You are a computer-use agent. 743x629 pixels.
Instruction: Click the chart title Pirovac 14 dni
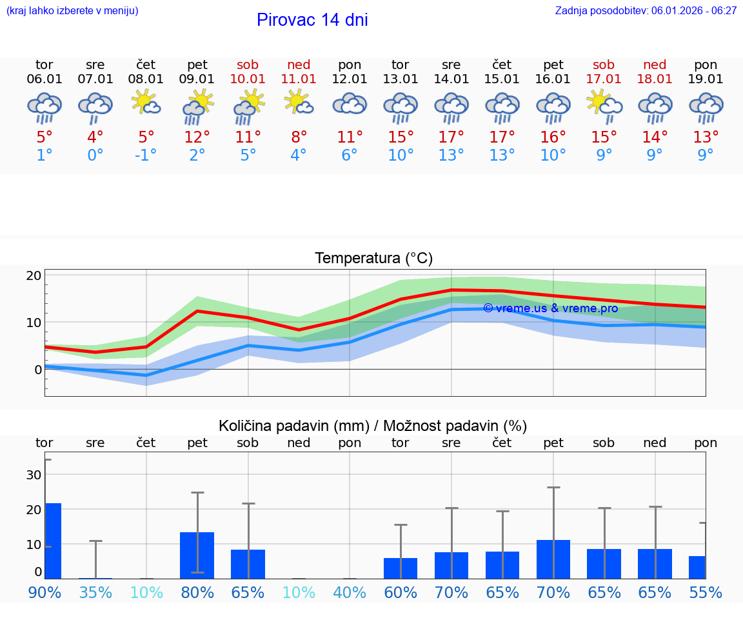[x=312, y=20]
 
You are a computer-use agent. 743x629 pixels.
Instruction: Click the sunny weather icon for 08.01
[x=146, y=102]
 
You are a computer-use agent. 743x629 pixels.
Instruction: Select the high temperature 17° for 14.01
[x=451, y=137]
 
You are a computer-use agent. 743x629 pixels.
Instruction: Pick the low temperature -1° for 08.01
[x=146, y=155]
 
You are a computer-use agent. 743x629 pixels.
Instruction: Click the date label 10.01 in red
[x=248, y=79]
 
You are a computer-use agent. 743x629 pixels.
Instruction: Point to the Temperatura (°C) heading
[x=373, y=259]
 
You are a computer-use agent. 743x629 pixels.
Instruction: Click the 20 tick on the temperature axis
[x=34, y=275]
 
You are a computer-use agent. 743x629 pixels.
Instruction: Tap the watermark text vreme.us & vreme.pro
[x=550, y=308]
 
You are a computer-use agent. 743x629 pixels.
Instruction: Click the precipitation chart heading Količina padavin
[x=373, y=426]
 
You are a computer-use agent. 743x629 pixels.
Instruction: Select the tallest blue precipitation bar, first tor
[x=53, y=541]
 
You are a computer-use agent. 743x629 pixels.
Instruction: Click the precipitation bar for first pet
[x=197, y=555]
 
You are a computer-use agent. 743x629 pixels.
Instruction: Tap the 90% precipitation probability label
[x=45, y=592]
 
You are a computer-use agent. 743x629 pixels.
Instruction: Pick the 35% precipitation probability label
[x=95, y=592]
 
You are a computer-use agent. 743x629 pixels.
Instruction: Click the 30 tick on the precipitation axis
[x=34, y=475]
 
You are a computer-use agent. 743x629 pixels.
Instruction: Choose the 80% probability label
[x=197, y=592]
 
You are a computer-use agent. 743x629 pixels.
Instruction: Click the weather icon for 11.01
[x=299, y=102]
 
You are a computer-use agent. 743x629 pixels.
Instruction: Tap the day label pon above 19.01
[x=706, y=65]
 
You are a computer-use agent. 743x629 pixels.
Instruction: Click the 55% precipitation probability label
[x=706, y=592]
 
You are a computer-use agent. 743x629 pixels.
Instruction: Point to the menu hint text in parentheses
[x=72, y=10]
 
